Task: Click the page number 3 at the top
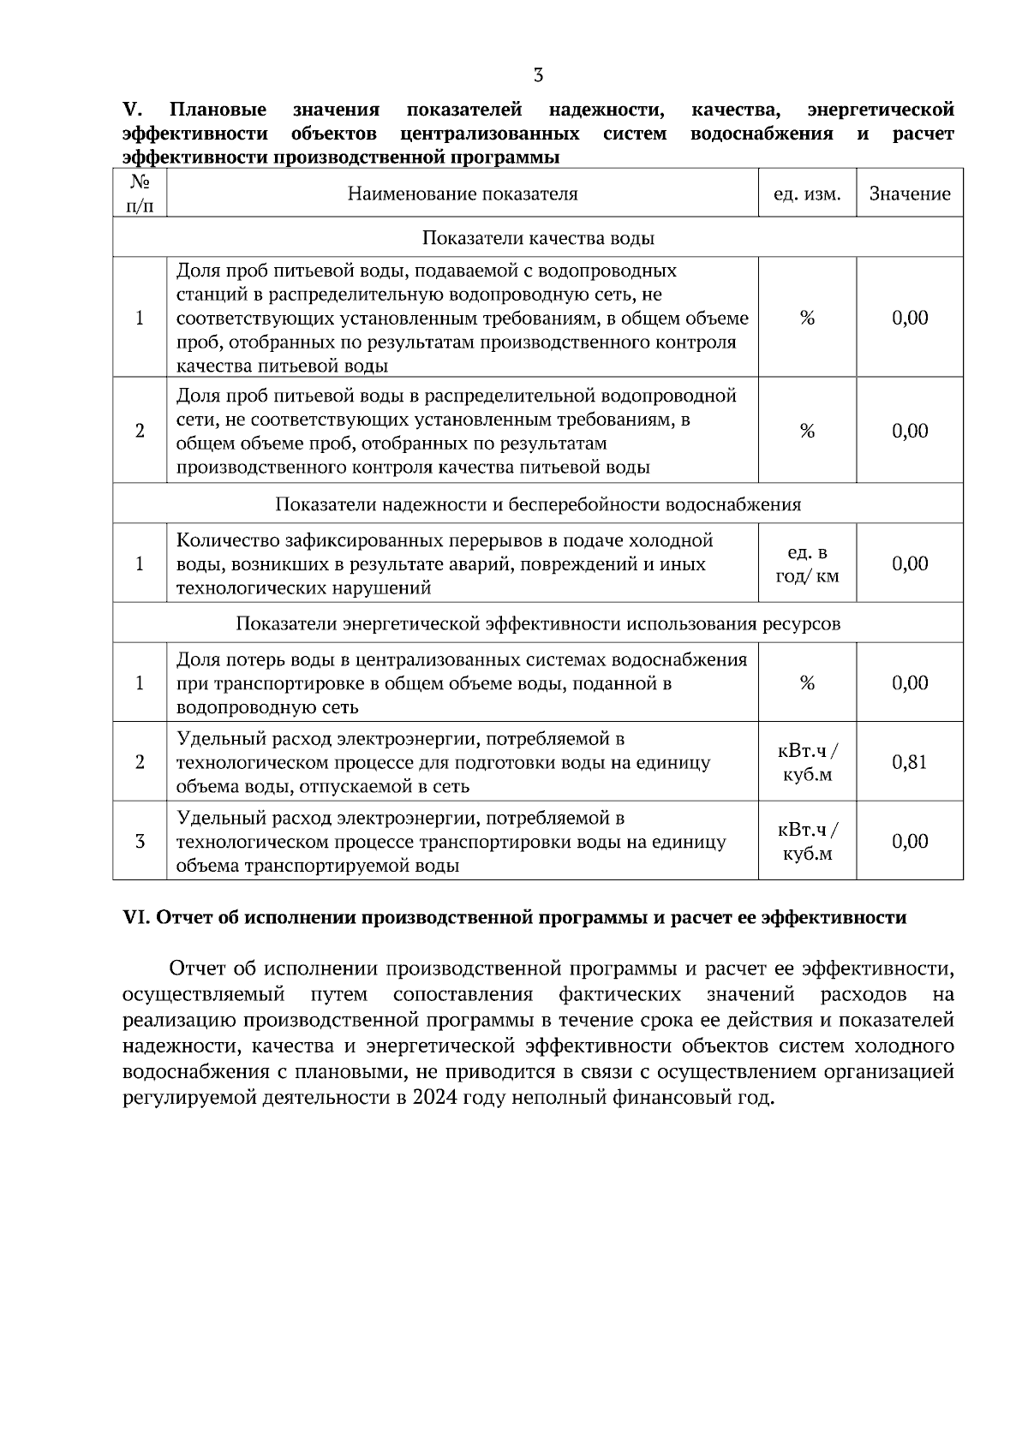(x=538, y=75)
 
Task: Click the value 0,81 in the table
(x=910, y=762)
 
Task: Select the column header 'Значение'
(x=910, y=194)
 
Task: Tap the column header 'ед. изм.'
(x=807, y=194)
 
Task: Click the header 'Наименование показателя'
(x=463, y=194)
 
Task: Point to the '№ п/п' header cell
(x=140, y=194)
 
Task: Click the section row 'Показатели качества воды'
(x=538, y=238)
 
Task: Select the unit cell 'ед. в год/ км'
(x=807, y=563)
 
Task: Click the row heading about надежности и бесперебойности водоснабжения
(x=538, y=504)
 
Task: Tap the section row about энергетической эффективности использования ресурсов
(x=538, y=623)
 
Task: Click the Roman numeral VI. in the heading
(x=137, y=918)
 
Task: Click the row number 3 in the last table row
(x=140, y=841)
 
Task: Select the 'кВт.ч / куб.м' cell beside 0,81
(x=807, y=762)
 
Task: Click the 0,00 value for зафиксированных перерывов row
(x=910, y=563)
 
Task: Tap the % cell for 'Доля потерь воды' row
(x=807, y=683)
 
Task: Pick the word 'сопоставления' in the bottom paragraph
(x=463, y=995)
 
